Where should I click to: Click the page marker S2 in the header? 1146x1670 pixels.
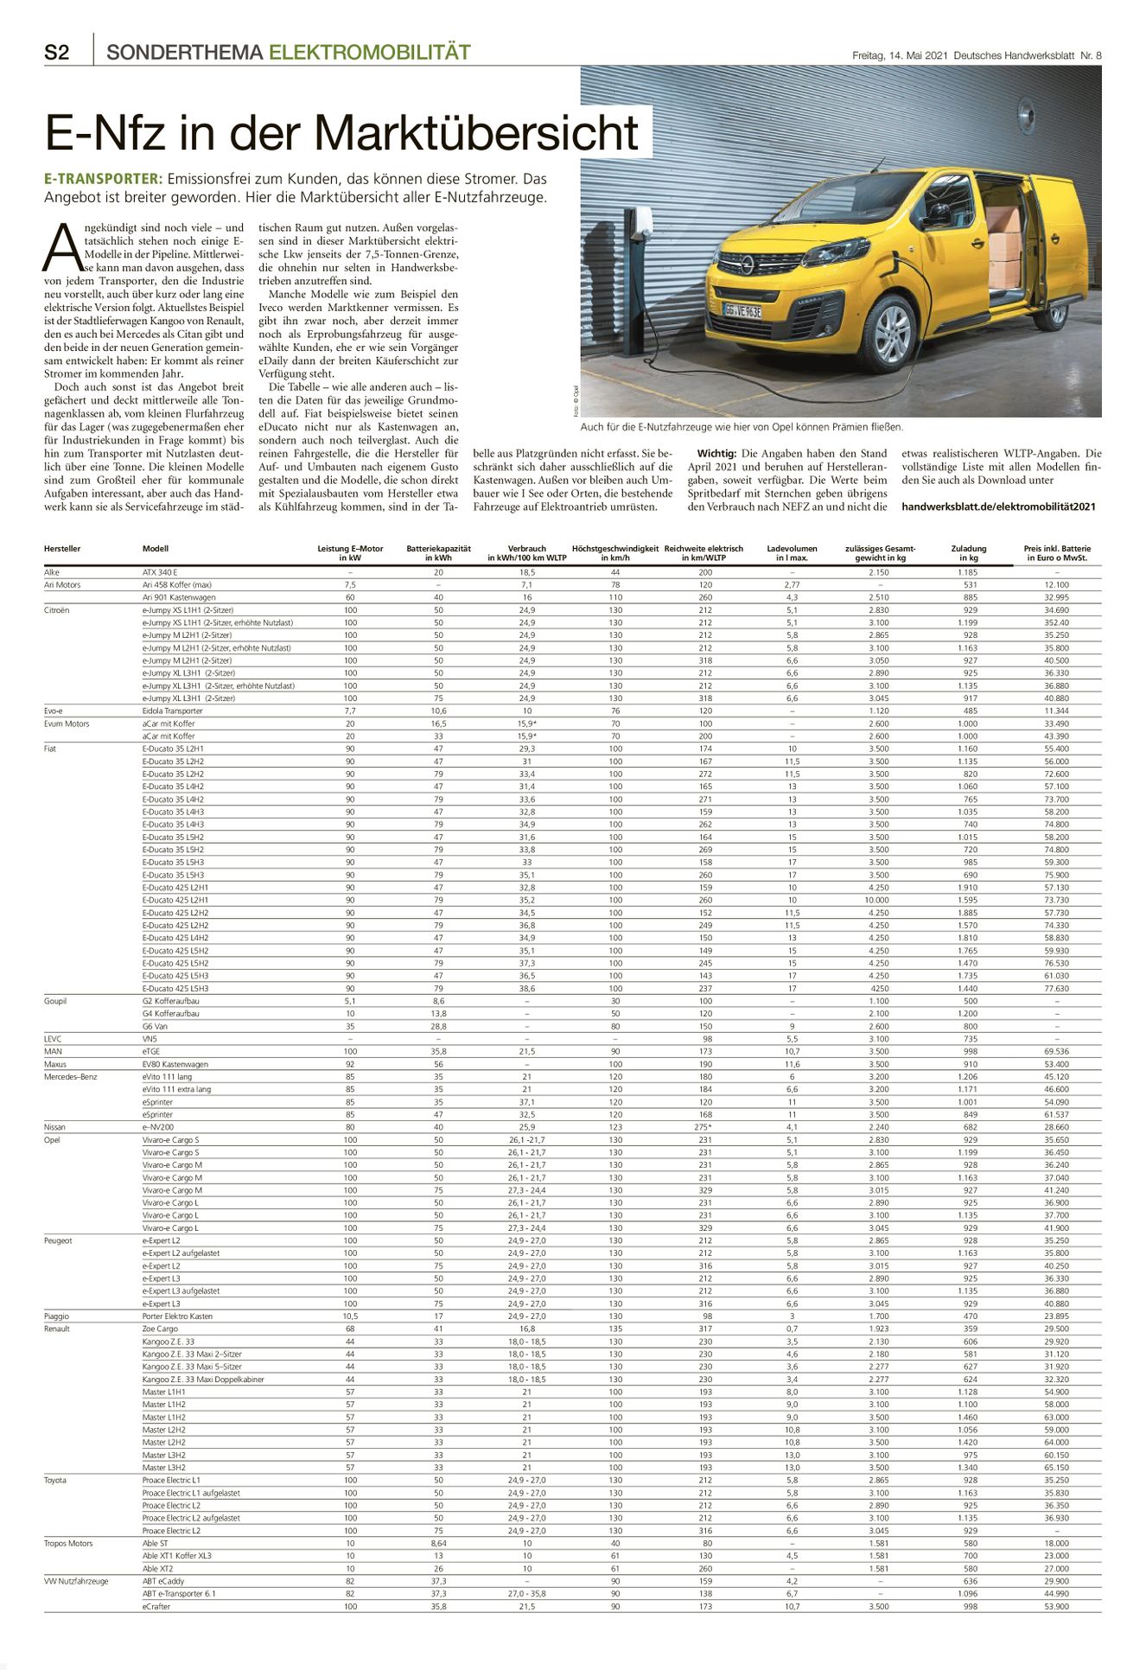point(57,53)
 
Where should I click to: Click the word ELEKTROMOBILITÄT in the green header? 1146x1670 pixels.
point(370,53)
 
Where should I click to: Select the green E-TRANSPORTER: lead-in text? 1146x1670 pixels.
point(103,179)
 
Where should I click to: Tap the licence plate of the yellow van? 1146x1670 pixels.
point(742,310)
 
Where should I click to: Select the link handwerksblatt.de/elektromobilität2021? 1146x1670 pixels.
point(998,507)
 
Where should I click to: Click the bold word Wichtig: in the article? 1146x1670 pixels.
point(716,454)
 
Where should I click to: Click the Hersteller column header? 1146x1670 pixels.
point(62,549)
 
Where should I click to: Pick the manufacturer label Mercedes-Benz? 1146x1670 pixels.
point(71,1077)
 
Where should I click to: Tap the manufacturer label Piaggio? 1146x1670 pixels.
point(57,1316)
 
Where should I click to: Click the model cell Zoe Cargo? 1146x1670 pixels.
point(160,1329)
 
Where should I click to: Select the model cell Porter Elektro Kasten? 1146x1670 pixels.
point(177,1316)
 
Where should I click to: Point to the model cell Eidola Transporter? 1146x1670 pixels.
point(173,711)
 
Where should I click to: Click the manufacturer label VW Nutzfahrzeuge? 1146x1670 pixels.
point(76,1581)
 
